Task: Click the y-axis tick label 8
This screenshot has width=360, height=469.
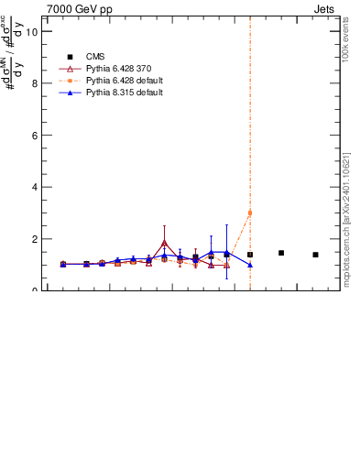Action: coord(34,83)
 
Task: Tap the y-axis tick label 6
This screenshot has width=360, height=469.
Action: coord(34,135)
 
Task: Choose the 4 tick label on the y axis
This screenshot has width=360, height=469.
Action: coord(34,187)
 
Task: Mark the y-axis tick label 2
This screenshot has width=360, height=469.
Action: coord(34,239)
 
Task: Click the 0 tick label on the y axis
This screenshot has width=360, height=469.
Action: coord(34,290)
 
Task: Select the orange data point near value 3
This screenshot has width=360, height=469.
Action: coord(250,213)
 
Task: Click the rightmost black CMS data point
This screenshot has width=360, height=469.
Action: coord(315,255)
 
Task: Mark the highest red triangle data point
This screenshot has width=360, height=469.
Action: coord(164,243)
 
